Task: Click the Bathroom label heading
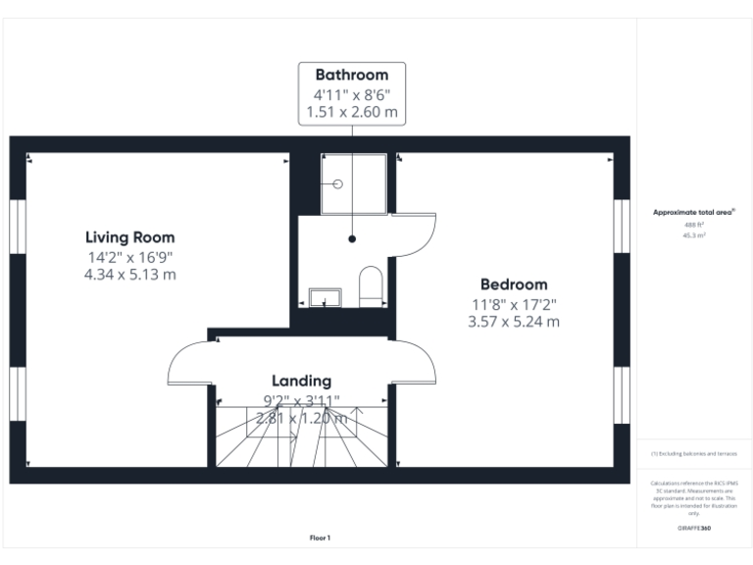pyautogui.click(x=351, y=75)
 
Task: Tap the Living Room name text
pyautogui.click(x=129, y=236)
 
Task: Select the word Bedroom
pyautogui.click(x=514, y=284)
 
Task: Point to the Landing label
pyautogui.click(x=301, y=381)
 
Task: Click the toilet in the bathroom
pyautogui.click(x=371, y=285)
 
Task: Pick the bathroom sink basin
pyautogui.click(x=325, y=296)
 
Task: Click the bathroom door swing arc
pyautogui.click(x=416, y=234)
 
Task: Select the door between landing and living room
pyautogui.click(x=189, y=361)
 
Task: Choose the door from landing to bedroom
pyautogui.click(x=415, y=361)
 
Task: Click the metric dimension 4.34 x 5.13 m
pyautogui.click(x=129, y=275)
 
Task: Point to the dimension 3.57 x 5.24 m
pyautogui.click(x=514, y=322)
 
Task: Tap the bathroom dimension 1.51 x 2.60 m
pyautogui.click(x=351, y=113)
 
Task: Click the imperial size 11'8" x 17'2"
pyautogui.click(x=514, y=303)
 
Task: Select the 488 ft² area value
pyautogui.click(x=693, y=225)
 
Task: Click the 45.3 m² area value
pyautogui.click(x=693, y=235)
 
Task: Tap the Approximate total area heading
pyautogui.click(x=694, y=212)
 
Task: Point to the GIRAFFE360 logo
pyautogui.click(x=693, y=529)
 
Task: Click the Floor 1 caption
pyautogui.click(x=320, y=538)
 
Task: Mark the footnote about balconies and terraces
pyautogui.click(x=693, y=454)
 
